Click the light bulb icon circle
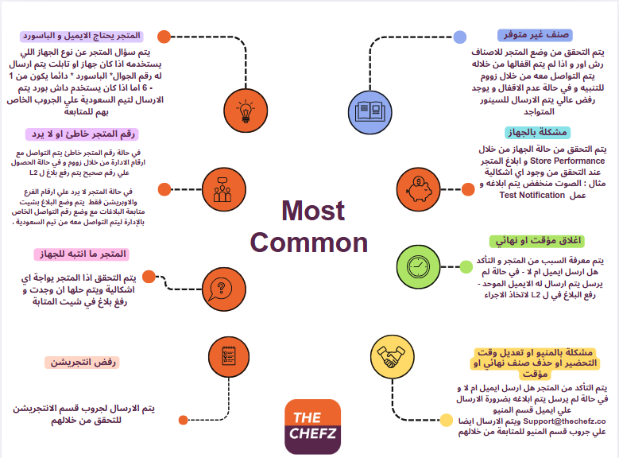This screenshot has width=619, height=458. pyautogui.click(x=246, y=111)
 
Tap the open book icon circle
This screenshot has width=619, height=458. pyautogui.click(x=370, y=112)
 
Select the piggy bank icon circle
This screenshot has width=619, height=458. pyautogui.click(x=418, y=189)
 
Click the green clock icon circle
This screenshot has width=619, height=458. pyautogui.click(x=418, y=266)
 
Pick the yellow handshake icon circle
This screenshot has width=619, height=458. pyautogui.click(x=393, y=357)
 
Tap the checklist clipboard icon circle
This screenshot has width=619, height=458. pyautogui.click(x=229, y=356)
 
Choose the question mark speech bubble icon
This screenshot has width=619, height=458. pyautogui.click(x=224, y=289)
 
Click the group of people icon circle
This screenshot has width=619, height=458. pyautogui.click(x=224, y=189)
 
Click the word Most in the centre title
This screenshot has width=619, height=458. pyautogui.click(x=313, y=210)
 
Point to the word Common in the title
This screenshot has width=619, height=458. pyautogui.click(x=309, y=243)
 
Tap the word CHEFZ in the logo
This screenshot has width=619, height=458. pyautogui.click(x=312, y=433)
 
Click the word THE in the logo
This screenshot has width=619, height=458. pyautogui.click(x=308, y=417)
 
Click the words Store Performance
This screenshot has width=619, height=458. pyautogui.click(x=567, y=161)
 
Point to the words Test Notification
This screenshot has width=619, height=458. pyautogui.click(x=532, y=195)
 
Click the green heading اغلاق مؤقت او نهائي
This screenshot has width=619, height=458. pyautogui.click(x=538, y=241)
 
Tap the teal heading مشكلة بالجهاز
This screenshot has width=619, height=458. pyautogui.click(x=538, y=132)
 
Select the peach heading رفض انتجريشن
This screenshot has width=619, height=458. pyautogui.click(x=83, y=362)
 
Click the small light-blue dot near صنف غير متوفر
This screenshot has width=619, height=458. pyautogui.click(x=460, y=37)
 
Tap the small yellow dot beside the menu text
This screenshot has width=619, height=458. pyautogui.click(x=446, y=420)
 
